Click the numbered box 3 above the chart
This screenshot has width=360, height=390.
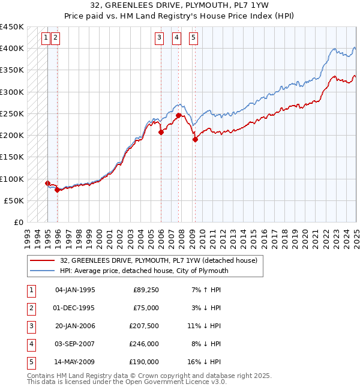click(x=159, y=38)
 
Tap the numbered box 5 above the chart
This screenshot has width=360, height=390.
click(x=194, y=38)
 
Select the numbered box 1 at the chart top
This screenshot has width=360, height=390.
click(x=46, y=38)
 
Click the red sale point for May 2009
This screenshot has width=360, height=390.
click(x=195, y=139)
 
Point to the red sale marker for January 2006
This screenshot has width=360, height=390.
click(x=161, y=132)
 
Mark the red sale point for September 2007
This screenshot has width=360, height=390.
click(x=178, y=115)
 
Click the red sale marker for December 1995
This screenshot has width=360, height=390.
click(x=57, y=190)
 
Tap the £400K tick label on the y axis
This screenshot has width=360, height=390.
click(x=12, y=49)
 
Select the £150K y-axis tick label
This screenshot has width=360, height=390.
click(x=12, y=157)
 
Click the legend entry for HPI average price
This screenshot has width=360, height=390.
click(x=144, y=271)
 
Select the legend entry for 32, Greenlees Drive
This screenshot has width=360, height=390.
click(x=158, y=260)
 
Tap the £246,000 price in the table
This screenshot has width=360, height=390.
click(x=146, y=344)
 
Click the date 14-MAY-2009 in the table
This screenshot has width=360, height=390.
click(x=75, y=362)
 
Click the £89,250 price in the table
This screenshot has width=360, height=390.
click(x=146, y=290)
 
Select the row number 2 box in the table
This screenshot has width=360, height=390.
click(x=30, y=308)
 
